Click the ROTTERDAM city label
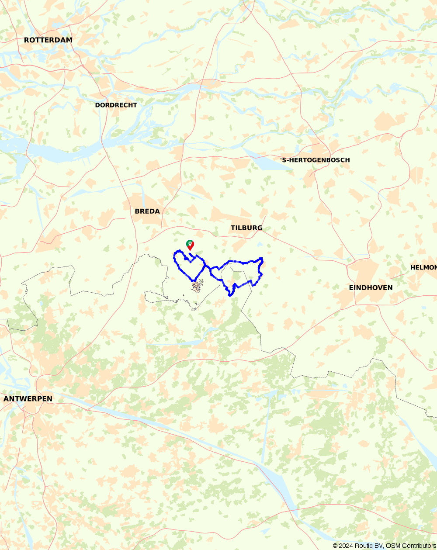pos(48,40)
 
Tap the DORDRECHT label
pos(116,105)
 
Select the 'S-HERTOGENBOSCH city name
pos(315,160)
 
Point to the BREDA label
pos(147,211)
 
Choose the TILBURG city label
pos(246,228)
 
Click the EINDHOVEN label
pos(371,287)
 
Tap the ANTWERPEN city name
pos(28,399)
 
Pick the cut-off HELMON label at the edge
pos(423,267)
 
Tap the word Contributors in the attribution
pos(418,546)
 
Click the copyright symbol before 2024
pos(335,546)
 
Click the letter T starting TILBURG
pos(233,228)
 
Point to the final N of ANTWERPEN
pos(49,399)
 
